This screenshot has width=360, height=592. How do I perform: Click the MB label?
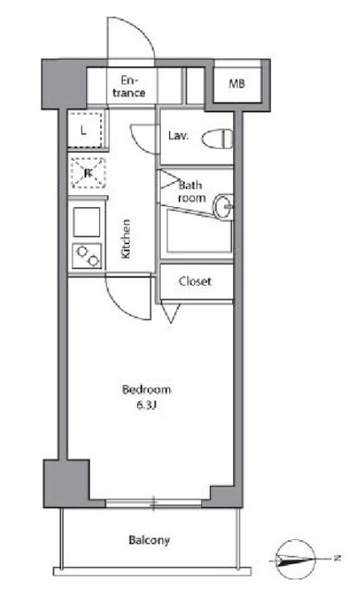click(x=237, y=83)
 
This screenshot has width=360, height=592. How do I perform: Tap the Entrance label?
click(x=129, y=86)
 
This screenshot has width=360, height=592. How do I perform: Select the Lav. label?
click(x=179, y=136)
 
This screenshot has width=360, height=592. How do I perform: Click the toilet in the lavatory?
click(x=217, y=139)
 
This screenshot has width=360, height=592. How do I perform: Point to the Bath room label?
click(x=192, y=191)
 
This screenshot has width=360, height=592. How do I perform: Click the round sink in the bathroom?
click(x=223, y=206)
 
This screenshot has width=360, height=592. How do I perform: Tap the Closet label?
click(x=195, y=281)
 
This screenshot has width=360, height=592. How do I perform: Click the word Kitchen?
click(x=126, y=239)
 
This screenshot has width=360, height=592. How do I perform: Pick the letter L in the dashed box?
click(x=83, y=131)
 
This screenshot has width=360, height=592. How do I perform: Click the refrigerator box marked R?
click(x=88, y=173)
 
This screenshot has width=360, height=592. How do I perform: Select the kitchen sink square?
click(x=87, y=222)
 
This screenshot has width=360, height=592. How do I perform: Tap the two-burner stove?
click(x=87, y=256)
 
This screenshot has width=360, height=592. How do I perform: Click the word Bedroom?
click(x=146, y=389)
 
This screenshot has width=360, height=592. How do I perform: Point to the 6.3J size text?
click(x=146, y=405)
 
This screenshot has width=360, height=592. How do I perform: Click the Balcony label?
click(x=149, y=540)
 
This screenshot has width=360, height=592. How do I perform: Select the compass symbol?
click(x=296, y=559)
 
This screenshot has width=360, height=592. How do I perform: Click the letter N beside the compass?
click(x=338, y=558)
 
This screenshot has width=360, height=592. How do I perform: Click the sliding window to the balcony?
click(x=154, y=503)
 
